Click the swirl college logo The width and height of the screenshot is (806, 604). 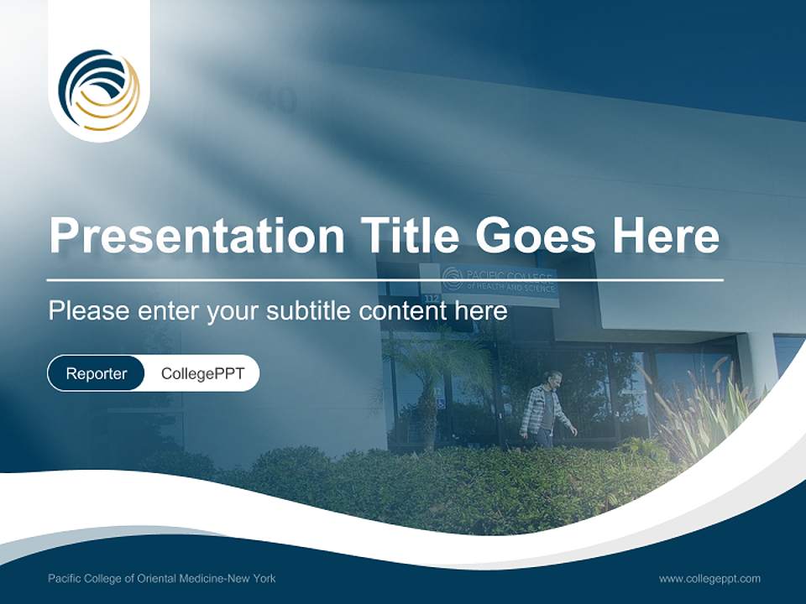(x=99, y=90)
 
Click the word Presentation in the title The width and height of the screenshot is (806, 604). (x=196, y=235)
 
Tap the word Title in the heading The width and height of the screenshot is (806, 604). (x=409, y=234)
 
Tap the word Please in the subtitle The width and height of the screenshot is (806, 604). (x=89, y=310)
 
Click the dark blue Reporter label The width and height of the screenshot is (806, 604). (x=96, y=373)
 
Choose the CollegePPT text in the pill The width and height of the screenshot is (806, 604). (x=202, y=373)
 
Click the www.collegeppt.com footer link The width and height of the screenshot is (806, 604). (x=709, y=579)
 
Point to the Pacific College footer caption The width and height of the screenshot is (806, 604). (x=162, y=578)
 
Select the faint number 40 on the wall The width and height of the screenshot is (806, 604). (x=279, y=99)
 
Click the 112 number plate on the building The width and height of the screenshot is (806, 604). (x=432, y=299)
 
